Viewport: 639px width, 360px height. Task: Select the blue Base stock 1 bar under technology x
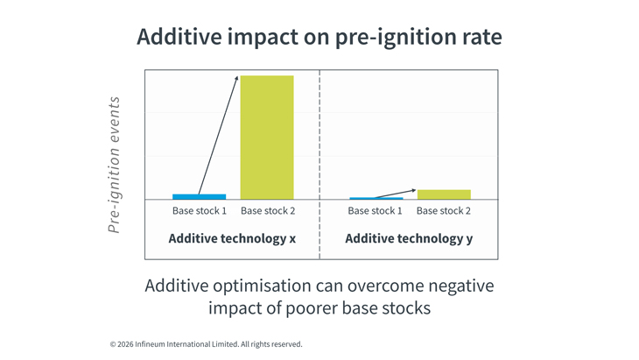point(199,196)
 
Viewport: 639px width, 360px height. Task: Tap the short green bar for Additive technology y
point(444,194)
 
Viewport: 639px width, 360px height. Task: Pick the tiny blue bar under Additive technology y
point(376,199)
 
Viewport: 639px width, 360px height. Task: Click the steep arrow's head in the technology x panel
point(236,79)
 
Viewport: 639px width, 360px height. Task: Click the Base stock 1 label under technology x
point(200,211)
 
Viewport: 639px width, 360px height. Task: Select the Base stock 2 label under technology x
point(268,211)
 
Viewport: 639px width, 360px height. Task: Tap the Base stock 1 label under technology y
point(375,211)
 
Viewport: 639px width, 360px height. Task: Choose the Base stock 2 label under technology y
point(444,211)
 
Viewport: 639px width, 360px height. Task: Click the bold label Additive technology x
point(232,238)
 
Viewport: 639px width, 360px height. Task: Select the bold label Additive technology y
point(409,238)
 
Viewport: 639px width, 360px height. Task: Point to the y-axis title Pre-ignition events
point(115,165)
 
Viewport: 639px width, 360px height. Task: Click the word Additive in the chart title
point(179,37)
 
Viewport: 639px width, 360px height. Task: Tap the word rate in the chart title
point(481,37)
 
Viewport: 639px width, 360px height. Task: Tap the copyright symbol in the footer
point(113,344)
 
